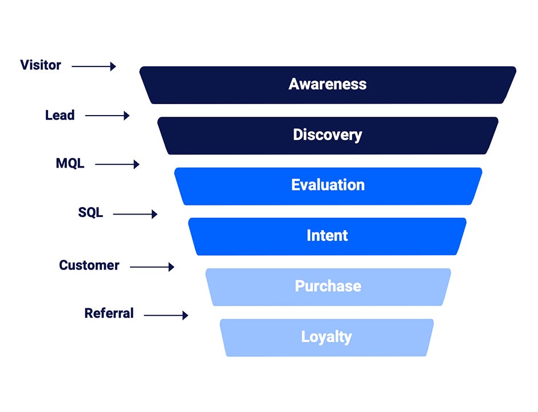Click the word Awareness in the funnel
327,84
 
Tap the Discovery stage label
327,135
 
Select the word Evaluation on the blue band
328,185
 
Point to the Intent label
327,235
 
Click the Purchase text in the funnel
328,286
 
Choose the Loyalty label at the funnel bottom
326,337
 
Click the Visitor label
41,65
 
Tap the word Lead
60,115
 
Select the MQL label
70,163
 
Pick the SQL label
90,212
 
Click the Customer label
89,265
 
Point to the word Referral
109,313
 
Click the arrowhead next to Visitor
113,66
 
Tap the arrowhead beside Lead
126,116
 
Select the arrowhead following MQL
137,164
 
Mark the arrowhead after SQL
155,214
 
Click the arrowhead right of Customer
172,267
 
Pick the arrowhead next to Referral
185,315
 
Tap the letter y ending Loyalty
347,339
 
